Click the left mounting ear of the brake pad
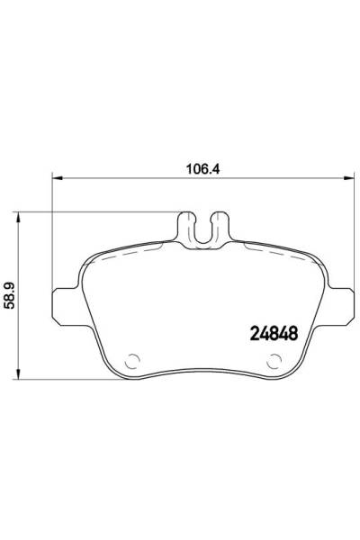coord(65,303)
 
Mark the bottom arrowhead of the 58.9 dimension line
coord(22,373)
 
